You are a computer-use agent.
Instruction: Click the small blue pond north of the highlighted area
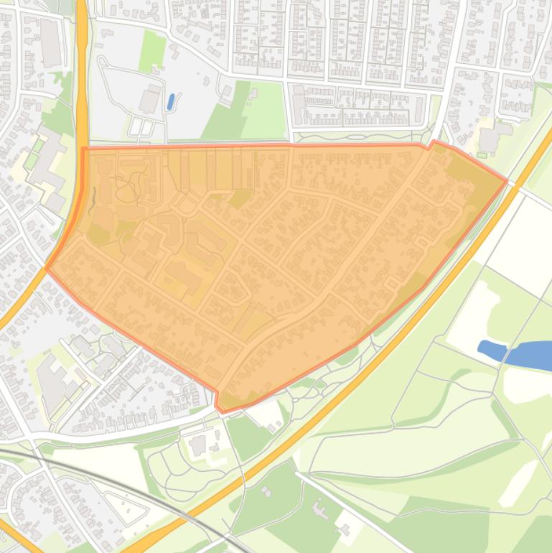(x=171, y=102)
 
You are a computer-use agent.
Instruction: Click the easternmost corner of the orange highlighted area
(x=507, y=180)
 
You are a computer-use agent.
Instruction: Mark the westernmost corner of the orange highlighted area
(x=47, y=269)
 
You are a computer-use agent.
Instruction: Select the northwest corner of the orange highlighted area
(x=84, y=149)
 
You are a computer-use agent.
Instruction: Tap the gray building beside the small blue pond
(x=150, y=99)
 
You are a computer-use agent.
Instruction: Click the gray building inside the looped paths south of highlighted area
(x=197, y=445)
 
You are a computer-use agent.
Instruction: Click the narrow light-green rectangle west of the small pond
(x=151, y=51)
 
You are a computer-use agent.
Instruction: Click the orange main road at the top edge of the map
(x=82, y=14)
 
